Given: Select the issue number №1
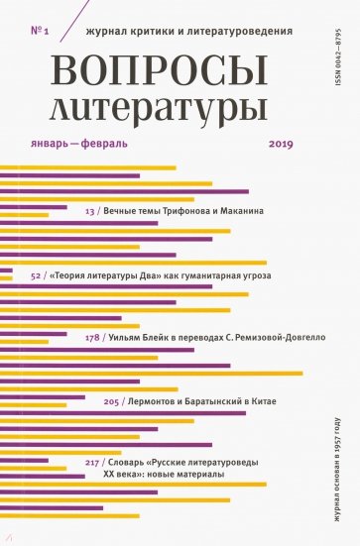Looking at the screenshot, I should (x=41, y=31).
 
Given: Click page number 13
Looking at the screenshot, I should (x=90, y=211).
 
